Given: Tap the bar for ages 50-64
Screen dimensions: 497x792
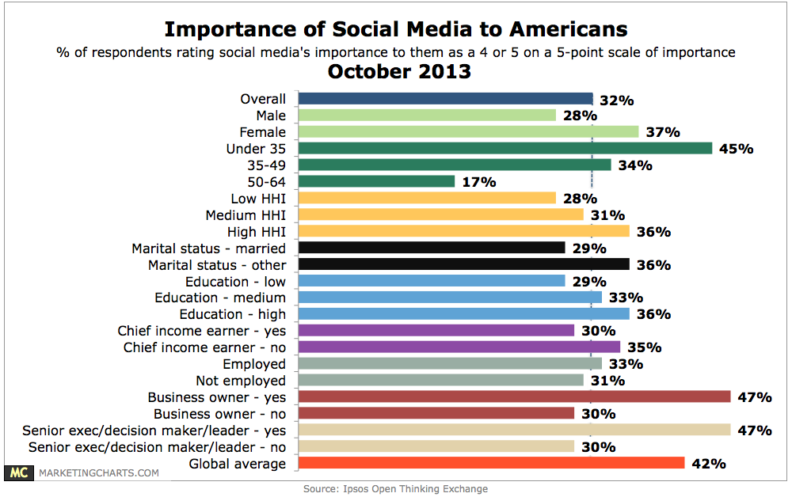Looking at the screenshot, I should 376,182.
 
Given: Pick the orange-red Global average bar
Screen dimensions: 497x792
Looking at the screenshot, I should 491,464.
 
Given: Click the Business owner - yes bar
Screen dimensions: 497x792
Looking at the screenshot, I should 514,397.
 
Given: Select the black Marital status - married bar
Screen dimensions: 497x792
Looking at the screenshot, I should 432,248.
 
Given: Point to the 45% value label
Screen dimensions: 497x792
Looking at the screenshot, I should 737,149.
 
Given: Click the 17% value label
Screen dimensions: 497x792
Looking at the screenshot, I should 480,182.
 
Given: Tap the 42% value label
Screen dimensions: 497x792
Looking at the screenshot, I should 710,464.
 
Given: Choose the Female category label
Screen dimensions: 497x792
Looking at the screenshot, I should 263,132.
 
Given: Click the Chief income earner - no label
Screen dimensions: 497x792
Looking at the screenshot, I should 204,347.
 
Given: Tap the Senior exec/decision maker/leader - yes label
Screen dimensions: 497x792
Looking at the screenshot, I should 154,431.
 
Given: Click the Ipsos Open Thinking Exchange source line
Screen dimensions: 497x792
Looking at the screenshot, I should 395,489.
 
